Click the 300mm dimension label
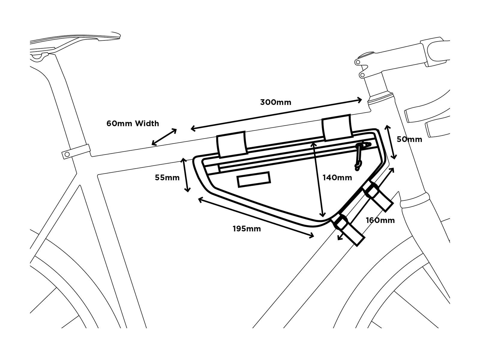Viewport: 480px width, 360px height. pyautogui.click(x=275, y=102)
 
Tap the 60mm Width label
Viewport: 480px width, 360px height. pyautogui.click(x=133, y=123)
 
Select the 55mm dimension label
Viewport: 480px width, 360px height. pyautogui.click(x=167, y=178)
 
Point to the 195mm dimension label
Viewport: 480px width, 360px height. pyautogui.click(x=247, y=229)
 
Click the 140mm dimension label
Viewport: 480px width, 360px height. pyautogui.click(x=337, y=178)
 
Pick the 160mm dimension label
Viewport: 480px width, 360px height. pyautogui.click(x=380, y=220)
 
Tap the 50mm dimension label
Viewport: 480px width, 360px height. pyautogui.click(x=409, y=139)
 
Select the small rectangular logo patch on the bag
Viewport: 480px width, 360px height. pyautogui.click(x=254, y=179)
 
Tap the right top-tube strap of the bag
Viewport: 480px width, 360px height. pyautogui.click(x=336, y=127)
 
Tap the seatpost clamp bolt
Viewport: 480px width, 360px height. pyautogui.click(x=67, y=154)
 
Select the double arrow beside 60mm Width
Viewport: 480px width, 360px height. pyautogui.click(x=164, y=137)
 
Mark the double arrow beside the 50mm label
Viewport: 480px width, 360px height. pyautogui.click(x=391, y=142)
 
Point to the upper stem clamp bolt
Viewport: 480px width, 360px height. pyautogui.click(x=357, y=62)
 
